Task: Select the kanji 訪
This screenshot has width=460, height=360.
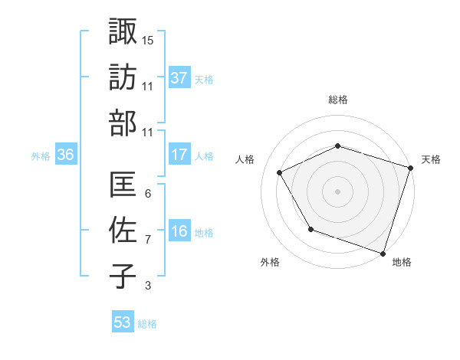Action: point(122,77)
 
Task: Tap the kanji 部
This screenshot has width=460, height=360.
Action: point(122,123)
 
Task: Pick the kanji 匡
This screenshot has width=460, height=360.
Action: point(122,185)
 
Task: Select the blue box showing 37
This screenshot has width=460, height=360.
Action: point(179,77)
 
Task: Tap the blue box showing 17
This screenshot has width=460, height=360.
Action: point(179,155)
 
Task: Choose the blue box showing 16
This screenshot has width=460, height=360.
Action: point(179,231)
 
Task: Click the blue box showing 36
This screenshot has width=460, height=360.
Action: point(66,155)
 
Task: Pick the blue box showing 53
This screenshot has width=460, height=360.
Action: point(123,322)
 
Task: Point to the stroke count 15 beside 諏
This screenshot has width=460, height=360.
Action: point(148,40)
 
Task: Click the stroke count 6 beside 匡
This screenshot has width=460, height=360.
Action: point(147,193)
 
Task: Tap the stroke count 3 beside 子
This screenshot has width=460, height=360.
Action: point(147,286)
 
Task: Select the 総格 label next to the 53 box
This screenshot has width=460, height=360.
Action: point(147,324)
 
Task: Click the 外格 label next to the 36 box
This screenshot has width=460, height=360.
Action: point(41,156)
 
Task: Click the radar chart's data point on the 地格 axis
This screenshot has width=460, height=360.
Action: point(383,252)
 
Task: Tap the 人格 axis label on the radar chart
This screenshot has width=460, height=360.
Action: point(245,159)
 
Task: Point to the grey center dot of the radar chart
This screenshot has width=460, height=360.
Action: point(337,191)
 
